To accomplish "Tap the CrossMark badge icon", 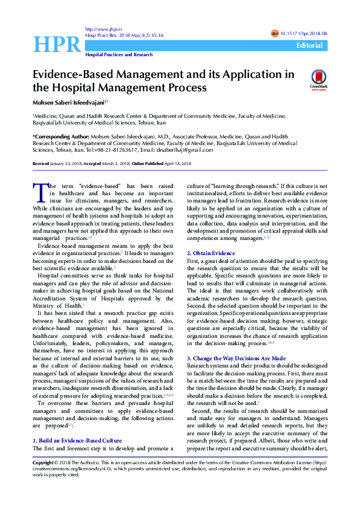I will tap(318, 80).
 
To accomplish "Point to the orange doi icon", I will tap(275, 34).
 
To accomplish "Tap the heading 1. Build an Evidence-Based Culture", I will tap(77, 441).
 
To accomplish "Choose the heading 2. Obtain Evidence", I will tap(211, 253).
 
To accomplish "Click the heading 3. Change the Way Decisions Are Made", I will tap(236, 358).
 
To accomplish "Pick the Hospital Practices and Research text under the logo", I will tap(119, 54).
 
